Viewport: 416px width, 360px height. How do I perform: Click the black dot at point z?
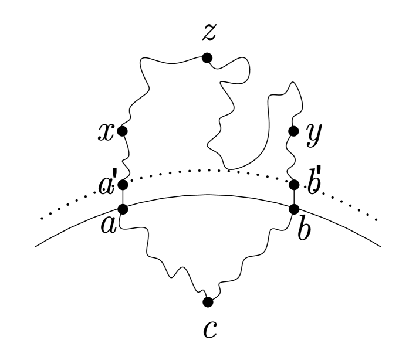click(x=207, y=57)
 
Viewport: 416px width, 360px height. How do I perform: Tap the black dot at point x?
click(x=123, y=131)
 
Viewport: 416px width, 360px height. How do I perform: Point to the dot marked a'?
click(x=123, y=185)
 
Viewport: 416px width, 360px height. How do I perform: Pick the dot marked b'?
click(x=295, y=185)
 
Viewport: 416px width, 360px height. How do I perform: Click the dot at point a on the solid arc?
click(x=123, y=208)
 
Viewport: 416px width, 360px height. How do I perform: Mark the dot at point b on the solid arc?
click(x=295, y=208)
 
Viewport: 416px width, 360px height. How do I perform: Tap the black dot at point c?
click(x=207, y=302)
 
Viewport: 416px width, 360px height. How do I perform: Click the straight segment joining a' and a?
click(x=123, y=197)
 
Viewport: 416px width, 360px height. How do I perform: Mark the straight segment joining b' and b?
click(x=295, y=197)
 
